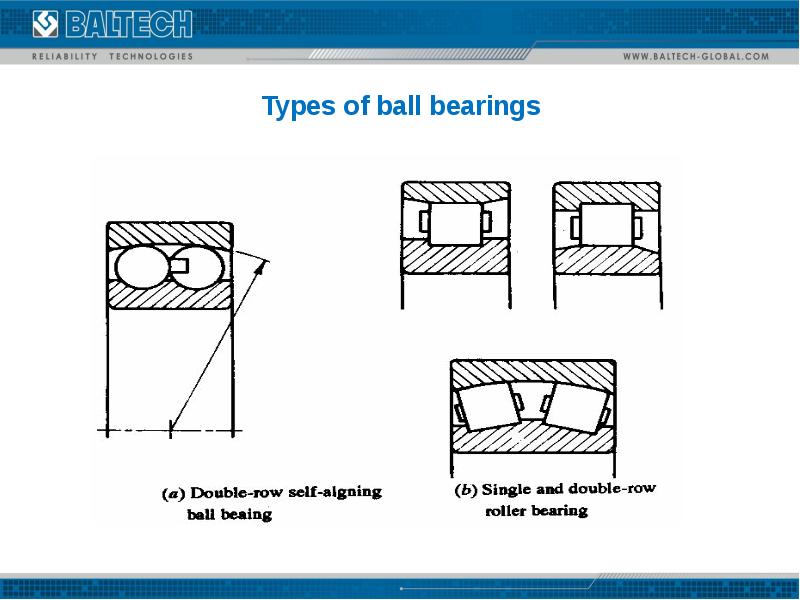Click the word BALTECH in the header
(x=128, y=23)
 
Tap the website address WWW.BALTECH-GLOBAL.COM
(x=696, y=56)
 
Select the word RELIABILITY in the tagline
(x=66, y=56)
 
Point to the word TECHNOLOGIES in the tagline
(x=150, y=56)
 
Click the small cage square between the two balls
(x=178, y=264)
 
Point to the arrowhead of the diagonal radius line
(x=265, y=263)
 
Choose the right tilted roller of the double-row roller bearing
(x=573, y=405)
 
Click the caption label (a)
(x=172, y=493)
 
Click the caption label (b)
(x=465, y=490)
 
